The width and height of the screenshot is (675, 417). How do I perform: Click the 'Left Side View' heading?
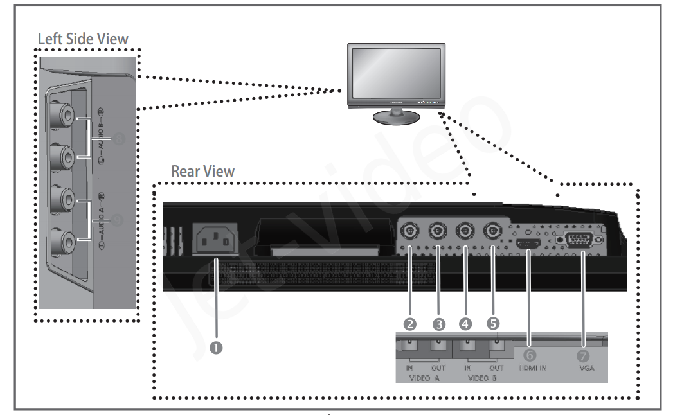(x=83, y=39)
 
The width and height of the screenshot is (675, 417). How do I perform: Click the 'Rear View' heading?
(x=203, y=172)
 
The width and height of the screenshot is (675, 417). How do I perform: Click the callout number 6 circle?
(x=529, y=354)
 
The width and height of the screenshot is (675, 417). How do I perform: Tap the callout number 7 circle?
(x=583, y=354)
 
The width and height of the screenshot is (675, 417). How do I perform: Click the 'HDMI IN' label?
(x=533, y=368)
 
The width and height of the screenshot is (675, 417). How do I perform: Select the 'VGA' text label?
(x=586, y=368)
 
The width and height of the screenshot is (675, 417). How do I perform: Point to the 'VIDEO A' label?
(x=424, y=378)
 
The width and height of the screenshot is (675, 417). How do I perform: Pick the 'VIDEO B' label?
(x=483, y=378)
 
